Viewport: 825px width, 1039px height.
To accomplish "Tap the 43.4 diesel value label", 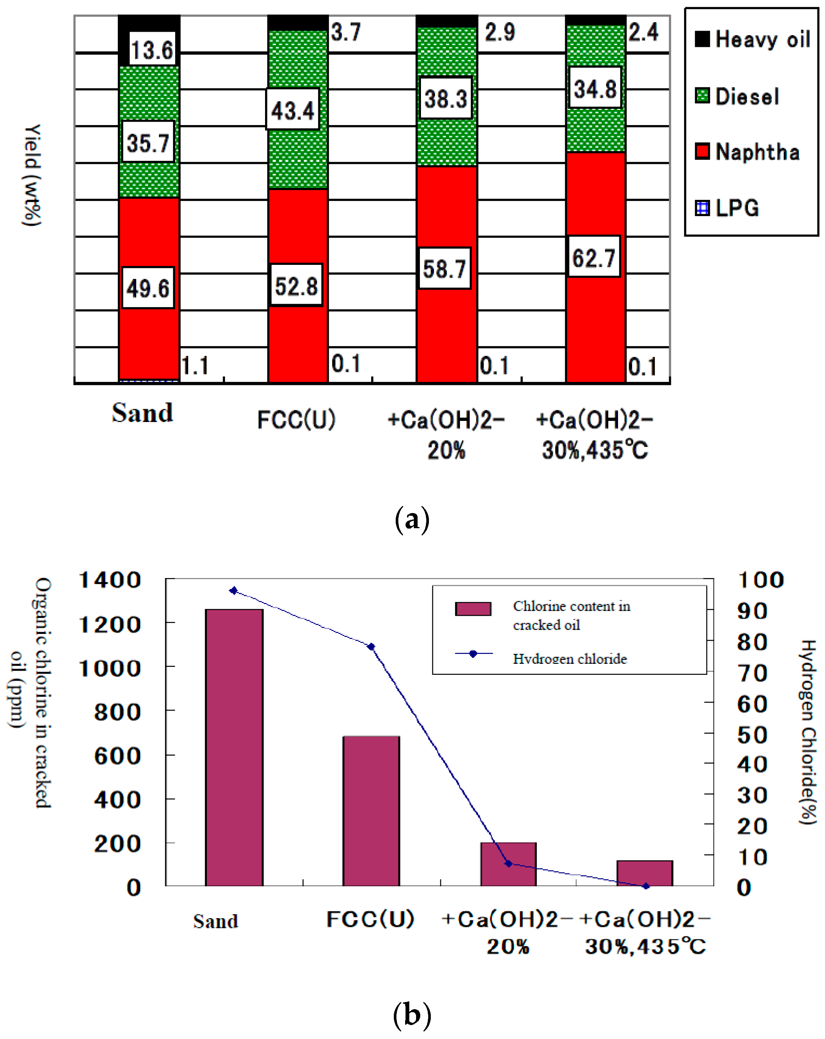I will (292, 110).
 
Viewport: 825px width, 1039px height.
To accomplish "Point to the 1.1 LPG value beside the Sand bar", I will (195, 366).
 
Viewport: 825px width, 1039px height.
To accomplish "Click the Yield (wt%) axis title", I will (32, 175).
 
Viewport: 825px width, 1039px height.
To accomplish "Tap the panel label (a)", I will (412, 519).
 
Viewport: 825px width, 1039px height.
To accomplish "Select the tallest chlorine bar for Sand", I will (234, 747).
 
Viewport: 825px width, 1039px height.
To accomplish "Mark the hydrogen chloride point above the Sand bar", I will (234, 591).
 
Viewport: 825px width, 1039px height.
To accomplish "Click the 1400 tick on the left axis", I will (110, 580).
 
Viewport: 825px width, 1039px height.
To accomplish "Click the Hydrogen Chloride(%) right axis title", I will (808, 733).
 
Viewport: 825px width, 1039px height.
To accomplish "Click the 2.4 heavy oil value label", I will (643, 32).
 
